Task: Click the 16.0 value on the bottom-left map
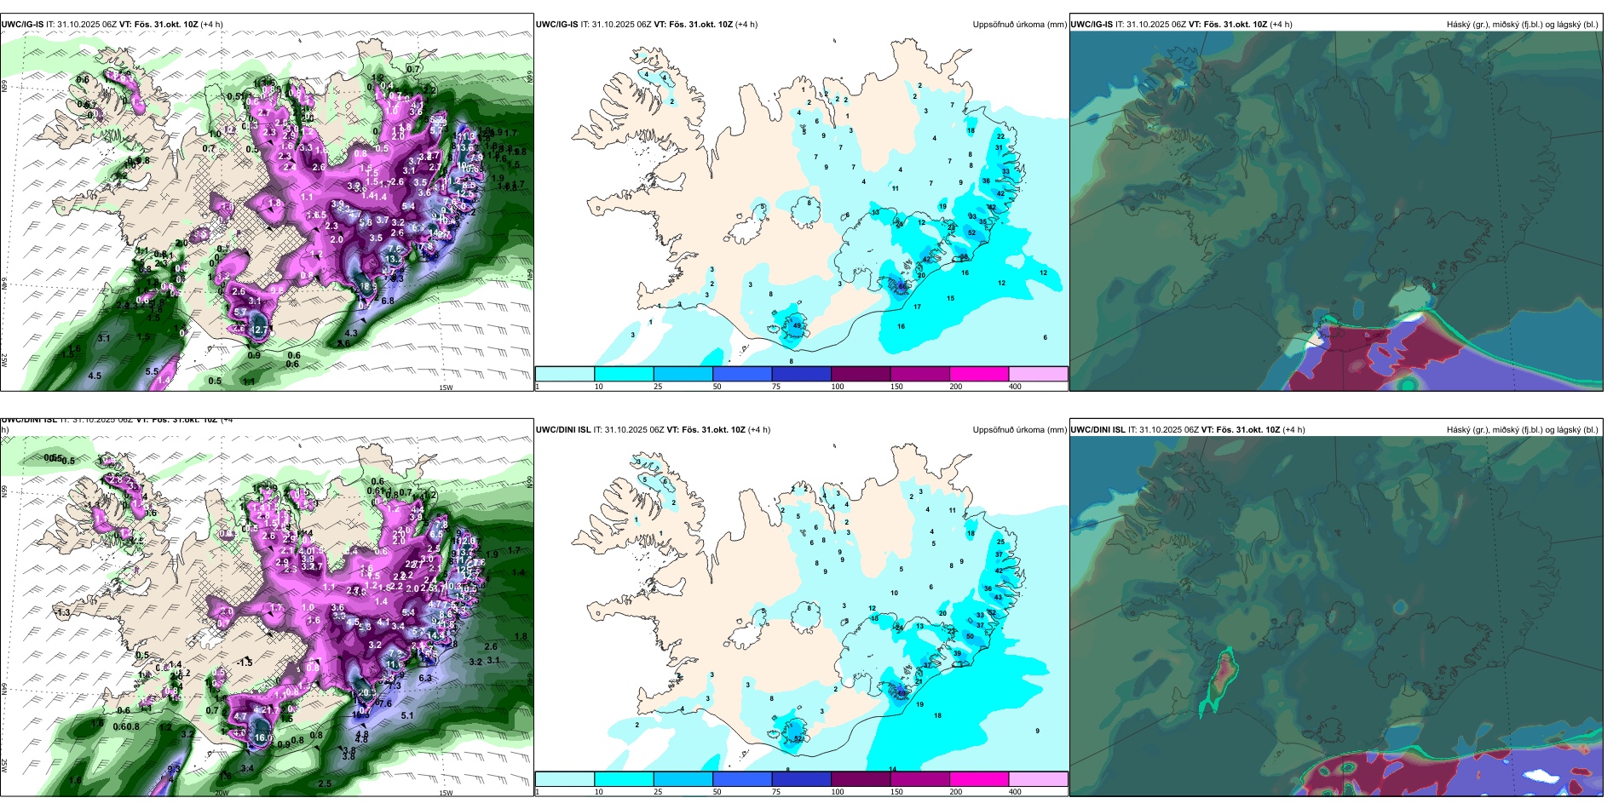click(x=263, y=737)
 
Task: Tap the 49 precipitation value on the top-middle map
click(x=797, y=325)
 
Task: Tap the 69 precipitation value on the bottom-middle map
click(x=902, y=693)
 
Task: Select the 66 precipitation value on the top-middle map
click(x=902, y=287)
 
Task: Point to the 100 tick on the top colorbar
click(x=838, y=387)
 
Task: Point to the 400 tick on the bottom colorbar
click(x=1015, y=792)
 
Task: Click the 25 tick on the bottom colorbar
click(x=658, y=792)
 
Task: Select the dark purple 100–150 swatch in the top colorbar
click(x=861, y=374)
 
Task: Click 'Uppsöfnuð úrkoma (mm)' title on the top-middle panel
click(x=1019, y=25)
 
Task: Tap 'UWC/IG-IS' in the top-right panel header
click(x=1092, y=25)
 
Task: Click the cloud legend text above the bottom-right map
click(x=1522, y=430)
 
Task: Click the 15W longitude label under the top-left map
click(x=446, y=387)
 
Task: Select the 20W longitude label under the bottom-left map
click(x=222, y=793)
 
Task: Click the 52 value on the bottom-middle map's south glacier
click(x=798, y=738)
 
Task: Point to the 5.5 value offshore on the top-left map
click(x=152, y=371)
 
